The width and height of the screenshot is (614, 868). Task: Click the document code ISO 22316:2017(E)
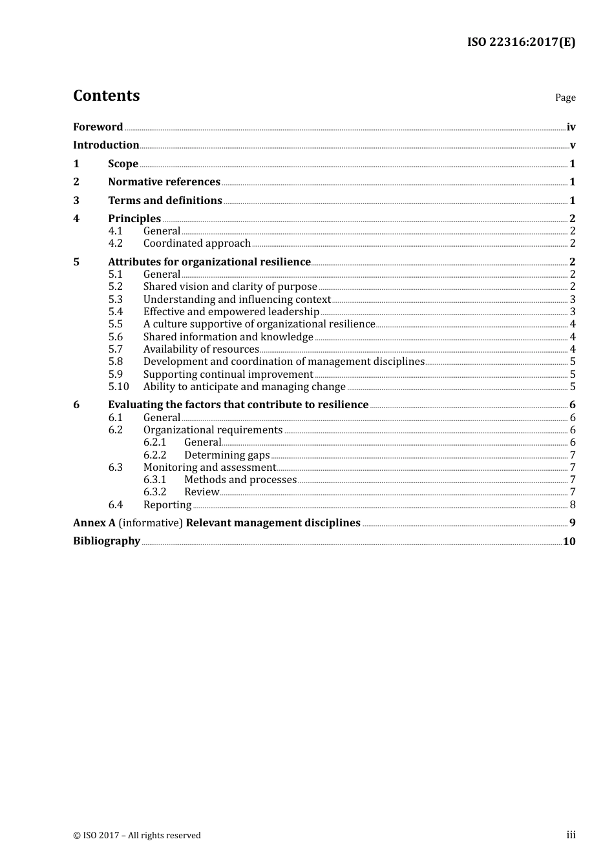[x=521, y=42]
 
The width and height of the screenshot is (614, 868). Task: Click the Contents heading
[x=106, y=96]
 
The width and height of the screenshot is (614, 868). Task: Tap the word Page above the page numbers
[x=565, y=98]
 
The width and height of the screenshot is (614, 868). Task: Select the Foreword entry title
[x=98, y=127]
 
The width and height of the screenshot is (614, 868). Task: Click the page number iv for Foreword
[x=571, y=127]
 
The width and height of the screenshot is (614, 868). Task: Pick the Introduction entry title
[x=106, y=145]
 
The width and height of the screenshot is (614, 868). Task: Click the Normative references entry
[x=164, y=182]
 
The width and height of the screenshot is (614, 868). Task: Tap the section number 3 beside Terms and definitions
[x=76, y=200]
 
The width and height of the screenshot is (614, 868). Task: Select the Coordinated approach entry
[x=196, y=243]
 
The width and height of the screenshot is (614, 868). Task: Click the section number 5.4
[x=115, y=312]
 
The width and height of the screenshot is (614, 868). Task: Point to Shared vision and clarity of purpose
[x=230, y=287]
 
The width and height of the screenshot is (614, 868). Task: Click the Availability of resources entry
[x=201, y=349]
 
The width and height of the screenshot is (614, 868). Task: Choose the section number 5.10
[x=118, y=387]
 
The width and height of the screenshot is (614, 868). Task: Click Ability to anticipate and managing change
[x=244, y=387]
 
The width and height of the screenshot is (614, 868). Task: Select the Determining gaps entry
[x=227, y=455]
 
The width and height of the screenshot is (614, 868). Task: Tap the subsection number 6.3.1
[x=154, y=480]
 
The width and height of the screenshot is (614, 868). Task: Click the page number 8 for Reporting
[x=573, y=505]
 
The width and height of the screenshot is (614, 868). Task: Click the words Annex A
[x=94, y=522]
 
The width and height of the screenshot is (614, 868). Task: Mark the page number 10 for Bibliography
[x=569, y=541]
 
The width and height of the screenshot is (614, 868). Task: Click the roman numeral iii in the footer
[x=571, y=835]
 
